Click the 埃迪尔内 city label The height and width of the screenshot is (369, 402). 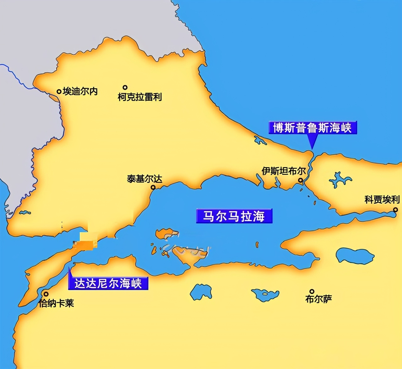click(80, 91)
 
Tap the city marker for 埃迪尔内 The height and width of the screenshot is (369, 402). click(59, 92)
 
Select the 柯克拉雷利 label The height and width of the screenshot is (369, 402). click(140, 97)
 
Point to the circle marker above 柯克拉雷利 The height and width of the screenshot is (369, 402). click(125, 88)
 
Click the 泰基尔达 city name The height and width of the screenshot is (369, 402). click(144, 179)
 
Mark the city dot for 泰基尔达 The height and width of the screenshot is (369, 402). click(153, 187)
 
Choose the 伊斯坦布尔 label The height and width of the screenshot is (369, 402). click(284, 171)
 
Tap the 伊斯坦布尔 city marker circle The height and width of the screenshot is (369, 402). click(300, 180)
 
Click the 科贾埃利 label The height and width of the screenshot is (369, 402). click(382, 200)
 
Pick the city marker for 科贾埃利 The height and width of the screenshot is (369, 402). click(395, 209)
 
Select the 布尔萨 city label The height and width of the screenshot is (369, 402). click(318, 299)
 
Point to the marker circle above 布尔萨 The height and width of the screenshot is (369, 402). click(312, 291)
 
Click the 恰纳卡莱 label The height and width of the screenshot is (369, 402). click(57, 303)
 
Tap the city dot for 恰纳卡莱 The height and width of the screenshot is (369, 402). click(46, 294)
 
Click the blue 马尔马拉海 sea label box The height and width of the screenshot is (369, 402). click(234, 216)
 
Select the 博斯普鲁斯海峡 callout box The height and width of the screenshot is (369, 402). click(312, 128)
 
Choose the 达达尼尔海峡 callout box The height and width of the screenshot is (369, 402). click(108, 283)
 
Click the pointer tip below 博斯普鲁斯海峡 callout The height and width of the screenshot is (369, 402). click(312, 148)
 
